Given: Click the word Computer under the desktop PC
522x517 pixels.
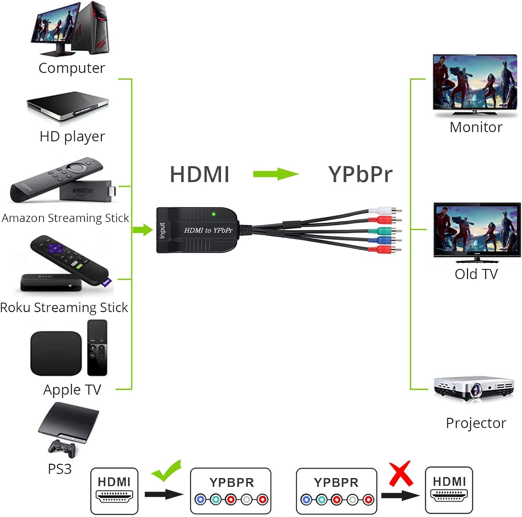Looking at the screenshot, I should pyautogui.click(x=72, y=68).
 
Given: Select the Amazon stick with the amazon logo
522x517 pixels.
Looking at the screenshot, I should pyautogui.click(x=85, y=191).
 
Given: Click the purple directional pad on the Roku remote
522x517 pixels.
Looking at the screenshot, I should pyautogui.click(x=55, y=248).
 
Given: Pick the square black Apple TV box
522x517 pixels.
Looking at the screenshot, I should pyautogui.click(x=56, y=353).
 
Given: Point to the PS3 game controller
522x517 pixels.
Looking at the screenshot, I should pyautogui.click(x=62, y=448).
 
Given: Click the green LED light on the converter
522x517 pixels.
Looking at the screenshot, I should pyautogui.click(x=214, y=214).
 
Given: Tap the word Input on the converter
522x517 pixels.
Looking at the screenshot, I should pyautogui.click(x=162, y=230).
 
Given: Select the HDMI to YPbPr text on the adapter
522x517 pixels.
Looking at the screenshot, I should pyautogui.click(x=208, y=230).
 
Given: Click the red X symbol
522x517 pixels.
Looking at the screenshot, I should pyautogui.click(x=401, y=474).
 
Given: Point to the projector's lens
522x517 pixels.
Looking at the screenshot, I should pyautogui.click(x=476, y=389).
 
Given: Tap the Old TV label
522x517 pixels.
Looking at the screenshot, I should pyautogui.click(x=476, y=274).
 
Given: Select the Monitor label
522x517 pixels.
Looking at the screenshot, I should pyautogui.click(x=476, y=127).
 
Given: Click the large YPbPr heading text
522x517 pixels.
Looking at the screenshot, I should pyautogui.click(x=360, y=174).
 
